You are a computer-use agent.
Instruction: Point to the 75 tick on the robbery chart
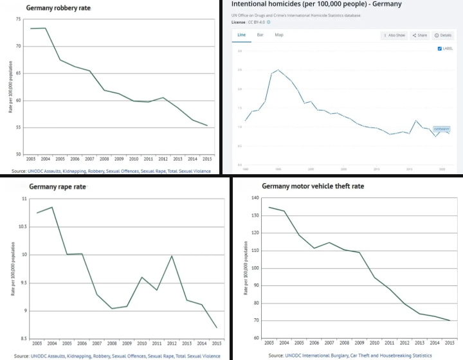point(17,20)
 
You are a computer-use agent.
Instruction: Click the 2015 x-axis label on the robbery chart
point(206,159)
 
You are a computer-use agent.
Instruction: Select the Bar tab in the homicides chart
point(260,35)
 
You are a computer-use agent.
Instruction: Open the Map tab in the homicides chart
point(279,35)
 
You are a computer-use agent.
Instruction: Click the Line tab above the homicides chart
point(241,35)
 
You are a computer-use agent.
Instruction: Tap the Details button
point(444,35)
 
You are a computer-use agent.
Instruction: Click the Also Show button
point(395,35)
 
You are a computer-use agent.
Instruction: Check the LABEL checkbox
point(439,48)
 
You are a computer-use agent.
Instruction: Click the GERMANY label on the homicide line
point(442,129)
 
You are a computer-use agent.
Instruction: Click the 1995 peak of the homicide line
point(278,69)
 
